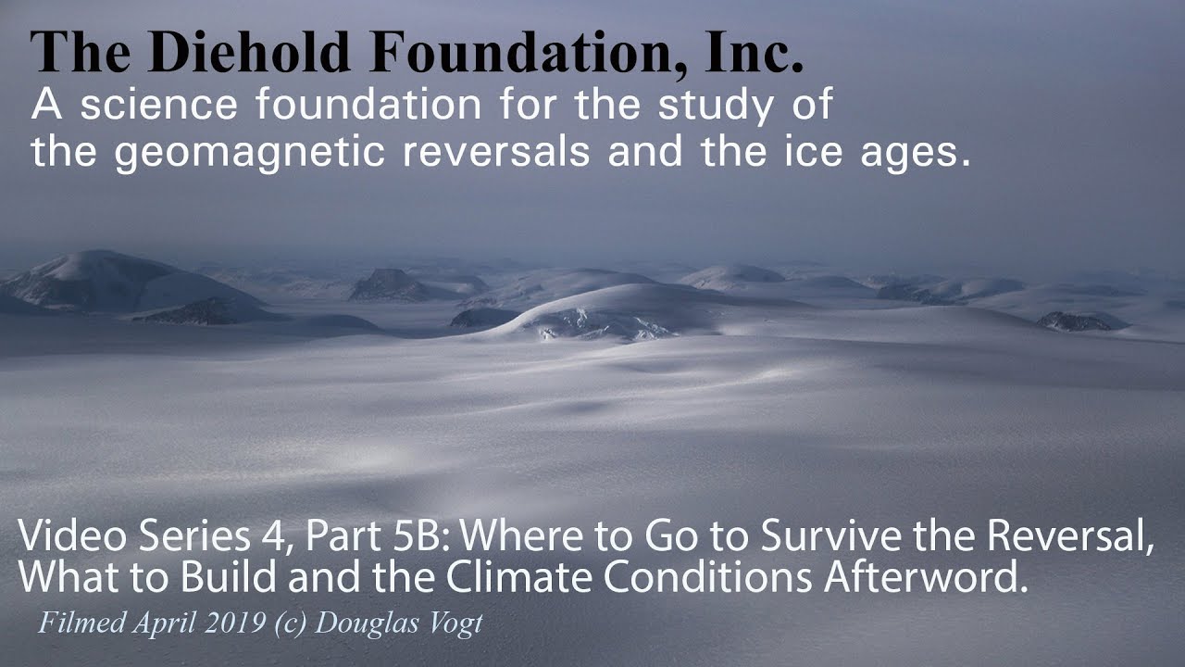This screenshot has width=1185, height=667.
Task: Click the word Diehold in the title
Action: (249, 52)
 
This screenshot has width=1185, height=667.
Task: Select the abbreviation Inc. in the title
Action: (754, 52)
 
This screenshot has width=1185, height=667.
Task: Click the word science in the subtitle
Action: (158, 105)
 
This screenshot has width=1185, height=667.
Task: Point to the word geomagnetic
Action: (249, 153)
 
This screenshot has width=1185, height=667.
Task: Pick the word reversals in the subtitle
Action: (496, 151)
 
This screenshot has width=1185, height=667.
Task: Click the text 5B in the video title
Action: (422, 535)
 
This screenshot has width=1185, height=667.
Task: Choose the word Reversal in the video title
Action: (1069, 535)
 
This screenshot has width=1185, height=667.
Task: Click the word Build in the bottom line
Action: (228, 576)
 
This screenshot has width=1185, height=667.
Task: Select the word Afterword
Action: (926, 576)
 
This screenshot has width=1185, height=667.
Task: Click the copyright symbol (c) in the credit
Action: (291, 623)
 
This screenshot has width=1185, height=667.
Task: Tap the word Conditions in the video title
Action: (708, 576)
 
